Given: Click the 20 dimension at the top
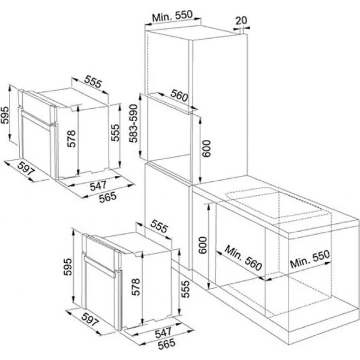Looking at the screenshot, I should [241, 20].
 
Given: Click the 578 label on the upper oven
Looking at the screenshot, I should [71, 140].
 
